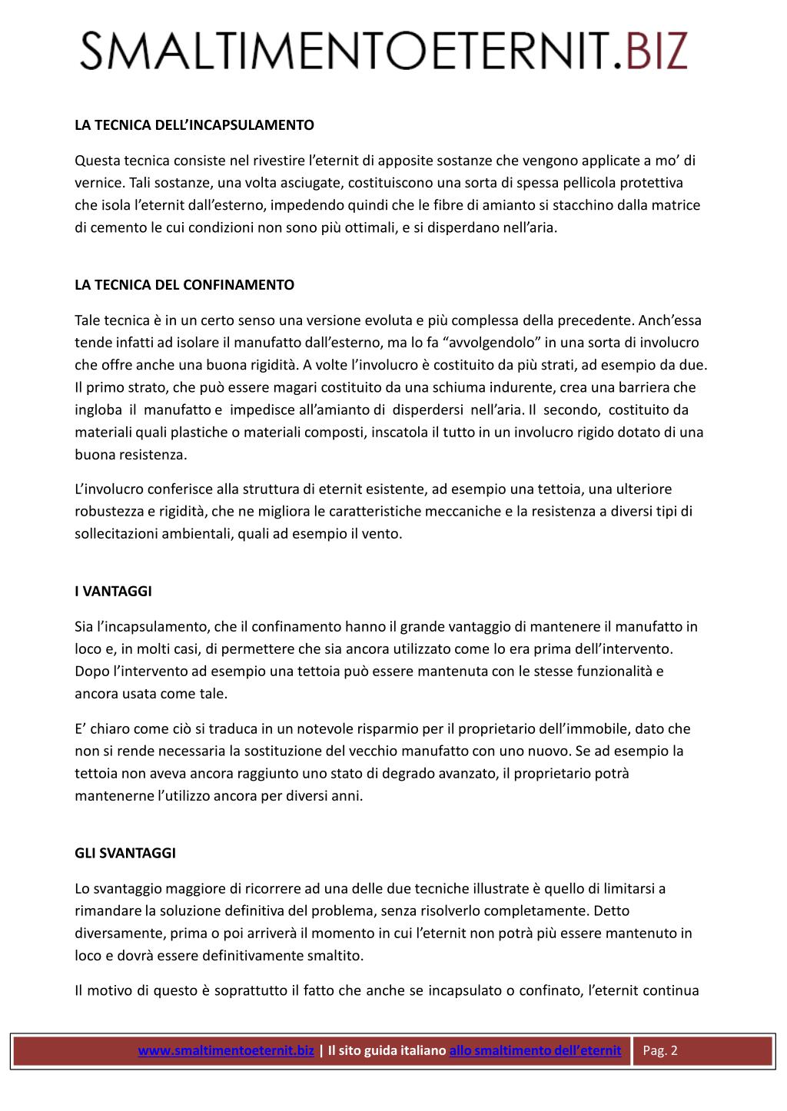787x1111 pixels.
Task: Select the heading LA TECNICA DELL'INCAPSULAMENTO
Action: point(194,124)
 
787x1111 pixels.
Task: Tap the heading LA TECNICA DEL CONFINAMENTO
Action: point(184,285)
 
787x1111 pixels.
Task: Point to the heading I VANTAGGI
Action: point(113,592)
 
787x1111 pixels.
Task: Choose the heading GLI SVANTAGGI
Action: point(125,854)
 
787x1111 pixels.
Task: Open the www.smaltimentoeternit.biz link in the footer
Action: point(226,1050)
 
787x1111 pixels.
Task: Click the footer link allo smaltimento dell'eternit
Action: point(535,1050)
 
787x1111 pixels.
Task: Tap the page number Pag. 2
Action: point(660,1050)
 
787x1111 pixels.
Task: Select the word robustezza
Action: point(108,511)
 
